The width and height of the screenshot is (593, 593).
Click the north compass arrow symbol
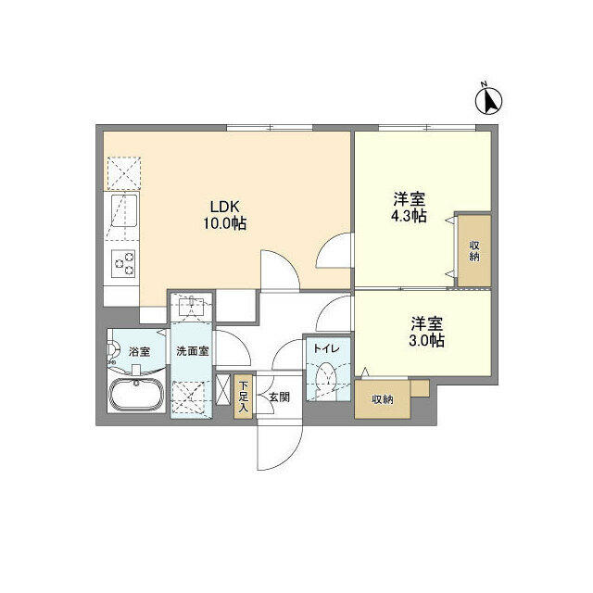click(489, 97)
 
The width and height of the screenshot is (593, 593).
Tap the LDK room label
click(225, 206)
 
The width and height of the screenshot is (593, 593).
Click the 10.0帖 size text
click(225, 223)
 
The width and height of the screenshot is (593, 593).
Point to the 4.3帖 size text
click(409, 216)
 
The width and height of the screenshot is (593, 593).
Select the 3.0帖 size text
click(427, 340)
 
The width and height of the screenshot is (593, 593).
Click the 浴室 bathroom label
click(139, 351)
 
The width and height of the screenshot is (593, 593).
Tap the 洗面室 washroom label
click(191, 351)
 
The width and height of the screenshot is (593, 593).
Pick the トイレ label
click(325, 348)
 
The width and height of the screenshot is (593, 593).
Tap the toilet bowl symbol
click(325, 377)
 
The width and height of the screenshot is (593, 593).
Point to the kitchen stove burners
click(122, 264)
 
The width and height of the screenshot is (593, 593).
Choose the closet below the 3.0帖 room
click(381, 400)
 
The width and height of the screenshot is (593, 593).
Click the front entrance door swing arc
click(283, 445)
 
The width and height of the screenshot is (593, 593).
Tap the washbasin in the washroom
click(191, 306)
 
